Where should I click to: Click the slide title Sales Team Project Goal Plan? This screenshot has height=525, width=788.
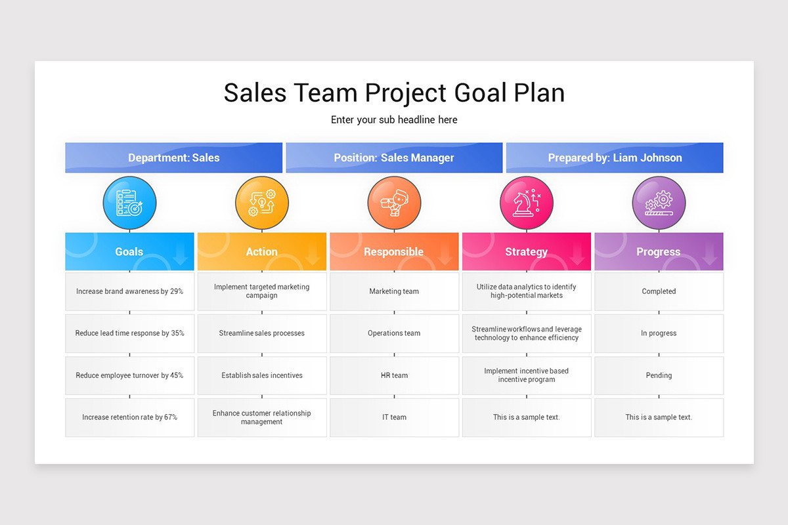click(x=394, y=93)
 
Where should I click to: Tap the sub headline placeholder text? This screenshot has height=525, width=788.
click(x=394, y=119)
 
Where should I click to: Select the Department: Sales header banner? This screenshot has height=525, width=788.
click(x=173, y=157)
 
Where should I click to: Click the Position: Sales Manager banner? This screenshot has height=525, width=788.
click(x=394, y=157)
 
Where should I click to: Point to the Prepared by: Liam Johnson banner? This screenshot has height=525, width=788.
click(x=615, y=157)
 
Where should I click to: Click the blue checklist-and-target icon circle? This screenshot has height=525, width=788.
click(x=129, y=203)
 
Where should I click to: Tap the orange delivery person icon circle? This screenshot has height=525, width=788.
click(x=394, y=203)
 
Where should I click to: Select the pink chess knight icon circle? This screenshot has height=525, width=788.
click(x=527, y=203)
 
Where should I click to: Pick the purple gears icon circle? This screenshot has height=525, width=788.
click(x=659, y=203)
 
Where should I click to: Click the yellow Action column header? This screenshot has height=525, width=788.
click(x=261, y=251)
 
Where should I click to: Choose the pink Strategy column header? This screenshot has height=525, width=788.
click(x=526, y=251)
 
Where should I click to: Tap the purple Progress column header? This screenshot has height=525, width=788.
click(x=658, y=251)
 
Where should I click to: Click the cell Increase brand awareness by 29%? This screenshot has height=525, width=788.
click(x=129, y=291)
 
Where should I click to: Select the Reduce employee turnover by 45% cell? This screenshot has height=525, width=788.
click(x=129, y=375)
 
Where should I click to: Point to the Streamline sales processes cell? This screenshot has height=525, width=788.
click(x=261, y=333)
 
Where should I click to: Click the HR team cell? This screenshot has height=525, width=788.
click(x=394, y=375)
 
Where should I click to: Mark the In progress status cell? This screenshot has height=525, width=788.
click(x=659, y=333)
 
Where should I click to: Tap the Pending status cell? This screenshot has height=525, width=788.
click(x=659, y=375)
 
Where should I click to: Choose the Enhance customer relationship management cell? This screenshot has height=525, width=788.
click(x=261, y=417)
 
